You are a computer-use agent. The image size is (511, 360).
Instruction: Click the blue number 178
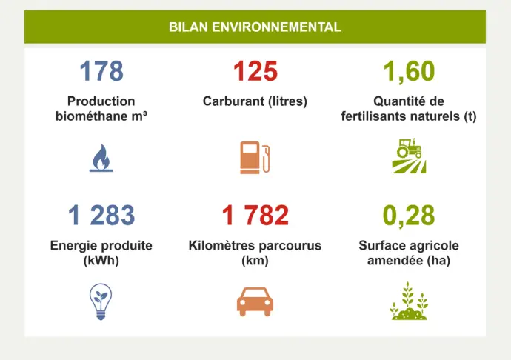101,72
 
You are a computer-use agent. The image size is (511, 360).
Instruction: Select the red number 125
255,72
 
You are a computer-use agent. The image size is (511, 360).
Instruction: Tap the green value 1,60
409,72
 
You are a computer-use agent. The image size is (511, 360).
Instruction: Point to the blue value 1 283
101,216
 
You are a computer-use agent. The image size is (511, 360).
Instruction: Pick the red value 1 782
255,216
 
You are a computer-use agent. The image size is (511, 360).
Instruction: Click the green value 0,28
409,216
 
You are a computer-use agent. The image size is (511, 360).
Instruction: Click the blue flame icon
101,158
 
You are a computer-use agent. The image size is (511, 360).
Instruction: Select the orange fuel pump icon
255,157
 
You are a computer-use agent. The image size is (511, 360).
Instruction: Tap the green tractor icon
409,156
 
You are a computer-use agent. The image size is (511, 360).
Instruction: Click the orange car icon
255,301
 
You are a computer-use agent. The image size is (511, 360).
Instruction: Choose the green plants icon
409,302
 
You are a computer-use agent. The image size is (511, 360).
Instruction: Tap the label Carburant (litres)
255,101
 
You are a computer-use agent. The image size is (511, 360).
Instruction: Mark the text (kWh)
101,261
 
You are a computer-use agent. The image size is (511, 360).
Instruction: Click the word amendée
393,261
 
